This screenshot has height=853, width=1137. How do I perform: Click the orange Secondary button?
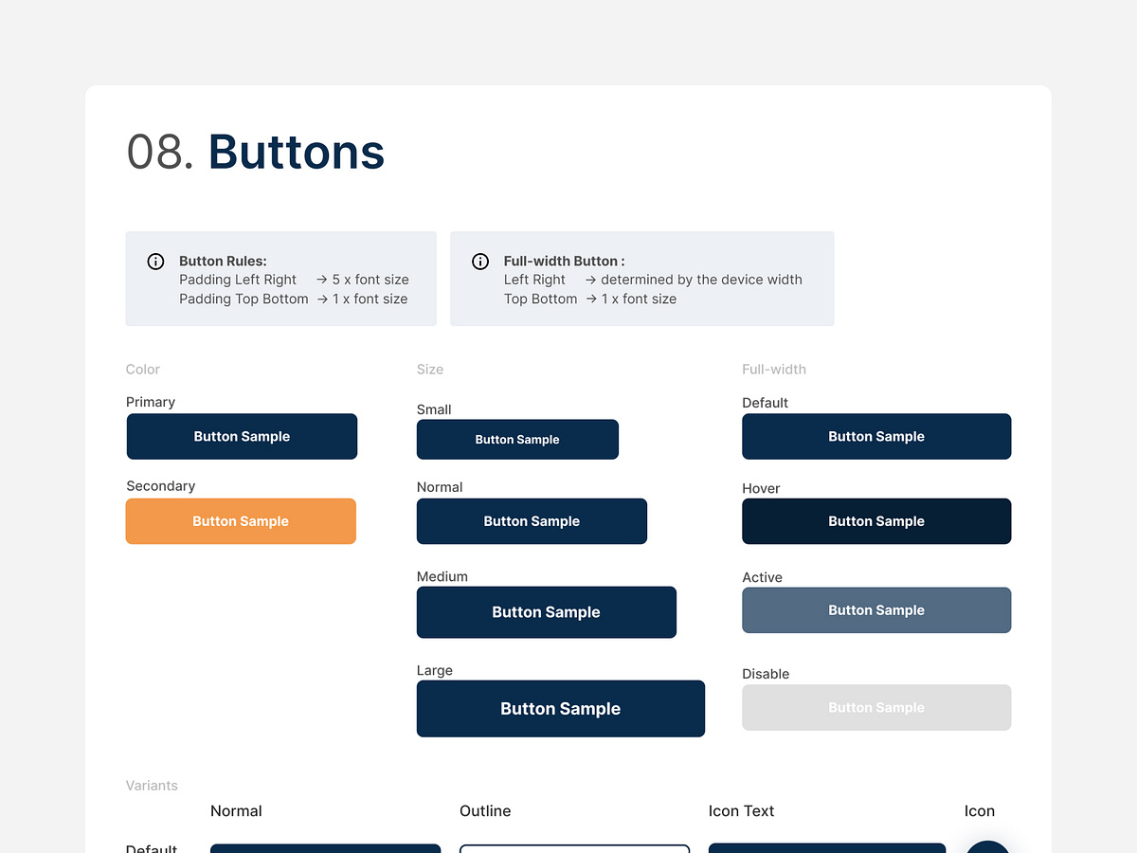coord(241,521)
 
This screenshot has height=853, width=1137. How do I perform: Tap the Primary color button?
coord(242,437)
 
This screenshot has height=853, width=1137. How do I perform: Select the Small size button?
coord(517,440)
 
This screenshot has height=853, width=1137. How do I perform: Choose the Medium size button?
coord(546,612)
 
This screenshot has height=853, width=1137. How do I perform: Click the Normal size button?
coord(532,521)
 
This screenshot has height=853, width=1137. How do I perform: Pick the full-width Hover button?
coord(876,521)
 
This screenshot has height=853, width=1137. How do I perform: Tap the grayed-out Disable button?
coord(876,708)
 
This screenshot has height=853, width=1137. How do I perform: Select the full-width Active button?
coord(876,610)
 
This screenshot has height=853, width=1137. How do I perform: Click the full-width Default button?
coord(876,437)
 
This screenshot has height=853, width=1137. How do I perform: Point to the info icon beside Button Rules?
coord(156,262)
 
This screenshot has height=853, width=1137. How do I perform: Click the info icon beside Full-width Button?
coord(480,262)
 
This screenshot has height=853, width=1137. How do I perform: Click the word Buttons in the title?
coord(297,153)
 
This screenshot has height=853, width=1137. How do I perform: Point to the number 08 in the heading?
coord(154,153)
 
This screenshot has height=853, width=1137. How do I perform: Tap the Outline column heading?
coord(485,811)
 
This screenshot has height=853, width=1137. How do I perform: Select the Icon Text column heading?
coord(741,811)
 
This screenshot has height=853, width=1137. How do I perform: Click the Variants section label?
coord(152,786)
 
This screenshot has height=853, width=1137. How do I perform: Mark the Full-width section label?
coord(774,370)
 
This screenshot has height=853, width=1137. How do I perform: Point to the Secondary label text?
coord(161,486)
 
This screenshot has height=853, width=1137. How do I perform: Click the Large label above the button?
coord(435,671)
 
